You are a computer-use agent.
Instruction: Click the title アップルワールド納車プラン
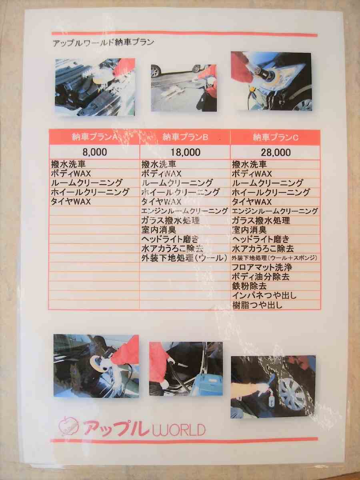(x=103, y=42)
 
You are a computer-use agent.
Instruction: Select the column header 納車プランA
(x=95, y=137)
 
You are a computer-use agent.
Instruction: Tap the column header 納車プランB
(x=185, y=137)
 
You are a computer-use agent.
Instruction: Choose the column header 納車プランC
(x=276, y=137)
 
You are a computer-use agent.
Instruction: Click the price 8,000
(x=95, y=152)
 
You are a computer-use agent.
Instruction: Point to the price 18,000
(x=185, y=152)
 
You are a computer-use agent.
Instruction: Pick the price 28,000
(x=276, y=153)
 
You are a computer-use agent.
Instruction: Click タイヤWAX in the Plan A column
(x=71, y=202)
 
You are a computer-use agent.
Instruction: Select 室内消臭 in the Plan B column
(x=159, y=230)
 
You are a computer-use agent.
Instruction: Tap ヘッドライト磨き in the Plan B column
(x=170, y=239)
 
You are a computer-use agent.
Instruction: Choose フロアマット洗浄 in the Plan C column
(x=262, y=267)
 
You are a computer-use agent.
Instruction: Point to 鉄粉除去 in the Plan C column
(x=249, y=286)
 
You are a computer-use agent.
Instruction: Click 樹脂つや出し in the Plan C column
(x=258, y=305)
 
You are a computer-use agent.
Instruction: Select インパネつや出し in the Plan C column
(x=264, y=296)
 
